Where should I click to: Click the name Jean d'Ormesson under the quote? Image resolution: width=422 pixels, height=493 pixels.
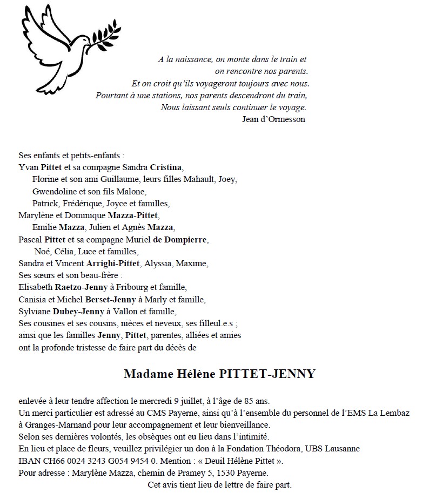coord(274,119)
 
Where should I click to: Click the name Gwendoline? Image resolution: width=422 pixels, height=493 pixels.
coord(54,191)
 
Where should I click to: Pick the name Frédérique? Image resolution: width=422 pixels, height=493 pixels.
coord(83,204)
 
